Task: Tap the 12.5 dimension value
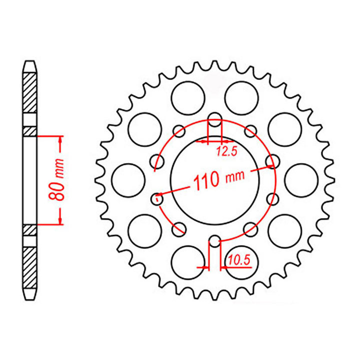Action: [226, 151]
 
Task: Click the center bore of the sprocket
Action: [214, 180]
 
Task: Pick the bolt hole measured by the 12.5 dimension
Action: [214, 119]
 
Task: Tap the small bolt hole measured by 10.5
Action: [214, 241]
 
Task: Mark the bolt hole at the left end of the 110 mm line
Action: [157, 198]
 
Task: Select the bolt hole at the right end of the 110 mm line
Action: [272, 162]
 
